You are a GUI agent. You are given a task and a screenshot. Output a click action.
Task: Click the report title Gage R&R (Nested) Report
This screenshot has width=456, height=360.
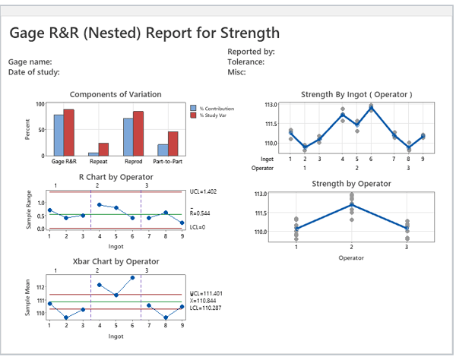[144, 33]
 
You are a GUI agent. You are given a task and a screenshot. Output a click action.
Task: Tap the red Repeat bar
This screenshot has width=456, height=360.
[103, 149]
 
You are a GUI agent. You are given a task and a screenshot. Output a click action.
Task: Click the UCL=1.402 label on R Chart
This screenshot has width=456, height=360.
[204, 192]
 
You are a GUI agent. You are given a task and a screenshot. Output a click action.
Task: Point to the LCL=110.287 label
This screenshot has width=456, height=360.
[205, 308]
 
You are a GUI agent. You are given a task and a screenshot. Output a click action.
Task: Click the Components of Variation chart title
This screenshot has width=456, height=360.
[115, 94]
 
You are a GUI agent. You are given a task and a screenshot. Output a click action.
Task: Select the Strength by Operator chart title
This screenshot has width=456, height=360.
[346, 184]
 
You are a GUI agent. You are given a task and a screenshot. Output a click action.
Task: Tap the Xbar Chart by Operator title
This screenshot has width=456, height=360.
[116, 261]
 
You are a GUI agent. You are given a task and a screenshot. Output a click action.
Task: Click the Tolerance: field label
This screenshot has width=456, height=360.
[245, 62]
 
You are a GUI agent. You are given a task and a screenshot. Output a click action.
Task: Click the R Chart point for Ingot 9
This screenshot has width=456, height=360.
[182, 223]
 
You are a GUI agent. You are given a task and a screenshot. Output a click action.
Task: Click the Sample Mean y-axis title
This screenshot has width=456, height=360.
[27, 301]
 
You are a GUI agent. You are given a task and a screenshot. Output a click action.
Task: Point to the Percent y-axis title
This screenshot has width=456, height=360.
[27, 129]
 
